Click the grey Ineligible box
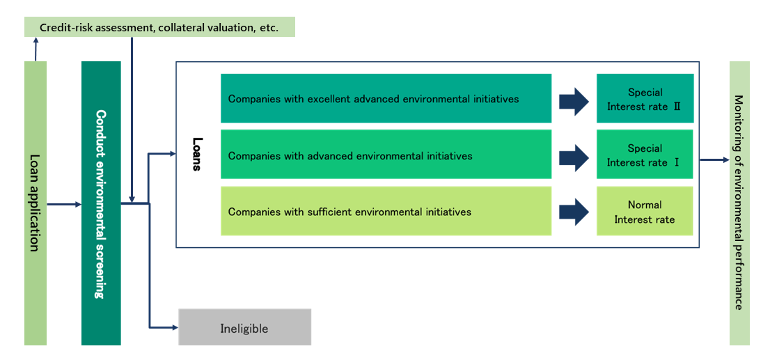point(244,327)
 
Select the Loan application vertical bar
point(36,203)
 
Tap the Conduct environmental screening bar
point(101,203)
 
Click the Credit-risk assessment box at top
point(159,27)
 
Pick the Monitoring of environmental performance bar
point(739,203)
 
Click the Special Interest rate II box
point(645,98)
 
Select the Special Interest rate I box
point(645,154)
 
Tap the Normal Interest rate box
point(645,211)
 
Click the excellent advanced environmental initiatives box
point(386,98)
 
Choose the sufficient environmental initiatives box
point(386,211)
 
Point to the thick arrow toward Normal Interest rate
point(574,212)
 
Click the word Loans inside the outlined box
point(196,154)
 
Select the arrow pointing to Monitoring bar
point(714,159)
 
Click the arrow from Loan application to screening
point(64,204)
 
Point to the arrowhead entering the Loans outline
point(173,154)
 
